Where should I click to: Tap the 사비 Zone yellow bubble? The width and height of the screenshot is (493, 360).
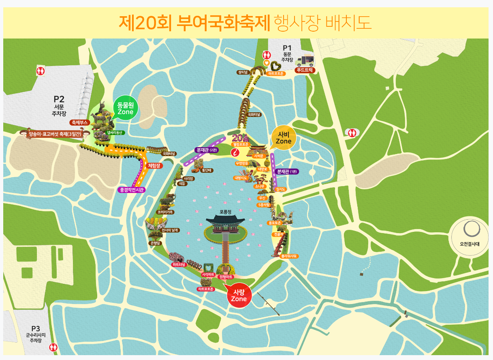tap(284, 138)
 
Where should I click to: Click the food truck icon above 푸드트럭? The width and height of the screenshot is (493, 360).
tap(305, 61)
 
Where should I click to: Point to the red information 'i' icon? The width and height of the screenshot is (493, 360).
tap(235, 152)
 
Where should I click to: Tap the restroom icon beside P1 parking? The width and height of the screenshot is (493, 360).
tap(267, 54)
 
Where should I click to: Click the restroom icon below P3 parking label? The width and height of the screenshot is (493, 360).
tap(53, 347)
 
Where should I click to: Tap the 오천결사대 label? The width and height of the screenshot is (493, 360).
tap(470, 244)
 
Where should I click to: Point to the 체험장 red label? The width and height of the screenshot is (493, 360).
tap(155, 165)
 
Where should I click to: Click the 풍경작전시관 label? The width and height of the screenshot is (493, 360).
tap(132, 189)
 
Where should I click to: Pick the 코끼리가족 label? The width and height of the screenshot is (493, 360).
tap(166, 212)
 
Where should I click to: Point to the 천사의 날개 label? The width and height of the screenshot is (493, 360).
tap(170, 230)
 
